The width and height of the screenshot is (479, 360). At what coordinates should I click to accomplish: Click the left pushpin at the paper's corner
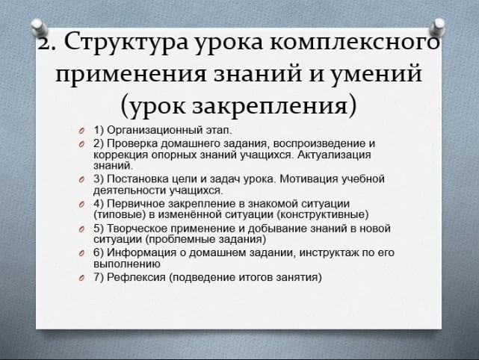40,28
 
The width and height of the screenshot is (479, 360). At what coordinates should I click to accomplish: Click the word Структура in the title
126,43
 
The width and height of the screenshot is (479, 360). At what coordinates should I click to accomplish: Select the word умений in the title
377,73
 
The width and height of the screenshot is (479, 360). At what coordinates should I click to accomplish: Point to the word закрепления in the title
270,105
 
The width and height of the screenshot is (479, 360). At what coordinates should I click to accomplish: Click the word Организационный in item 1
155,131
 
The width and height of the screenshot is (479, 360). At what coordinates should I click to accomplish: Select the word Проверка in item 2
132,143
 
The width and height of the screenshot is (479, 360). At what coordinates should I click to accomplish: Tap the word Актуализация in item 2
334,155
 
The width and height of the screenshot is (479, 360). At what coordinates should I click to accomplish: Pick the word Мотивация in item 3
309,179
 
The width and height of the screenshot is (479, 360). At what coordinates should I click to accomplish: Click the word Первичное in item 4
136,203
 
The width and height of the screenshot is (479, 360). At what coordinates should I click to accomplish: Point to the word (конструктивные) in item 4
323,214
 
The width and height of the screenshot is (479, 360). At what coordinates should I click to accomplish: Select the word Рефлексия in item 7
136,278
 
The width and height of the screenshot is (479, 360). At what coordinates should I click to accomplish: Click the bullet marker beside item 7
81,278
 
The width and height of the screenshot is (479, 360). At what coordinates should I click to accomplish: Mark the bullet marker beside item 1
81,131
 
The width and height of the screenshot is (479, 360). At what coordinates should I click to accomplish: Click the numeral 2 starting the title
43,43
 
